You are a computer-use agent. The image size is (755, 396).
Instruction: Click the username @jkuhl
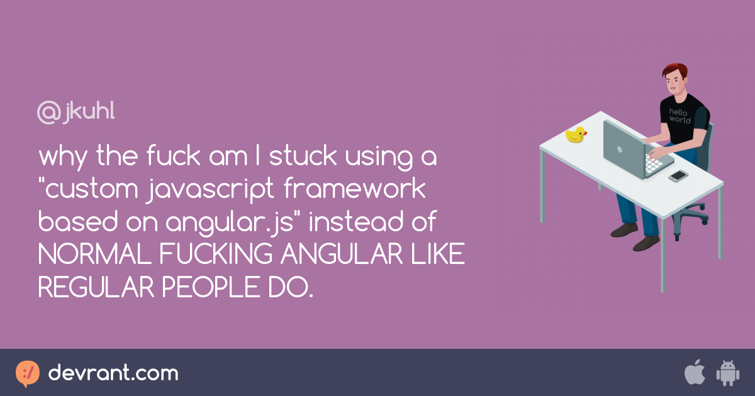click(76, 112)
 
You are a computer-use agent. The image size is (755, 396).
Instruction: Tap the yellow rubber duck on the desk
click(576, 135)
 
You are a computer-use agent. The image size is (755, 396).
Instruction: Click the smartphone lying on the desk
click(678, 176)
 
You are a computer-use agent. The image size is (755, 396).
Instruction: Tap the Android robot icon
click(728, 373)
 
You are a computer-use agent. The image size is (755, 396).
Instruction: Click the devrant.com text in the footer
click(113, 372)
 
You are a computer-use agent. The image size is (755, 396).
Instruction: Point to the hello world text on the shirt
click(679, 116)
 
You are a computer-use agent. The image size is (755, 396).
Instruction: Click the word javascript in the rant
click(210, 189)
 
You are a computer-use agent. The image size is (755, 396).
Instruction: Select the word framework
click(355, 188)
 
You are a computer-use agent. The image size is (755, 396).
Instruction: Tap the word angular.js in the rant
click(230, 222)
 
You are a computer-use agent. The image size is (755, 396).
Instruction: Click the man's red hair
click(675, 70)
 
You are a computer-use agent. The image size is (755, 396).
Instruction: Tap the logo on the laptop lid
click(620, 150)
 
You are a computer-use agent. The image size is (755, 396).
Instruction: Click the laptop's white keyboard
click(653, 164)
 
